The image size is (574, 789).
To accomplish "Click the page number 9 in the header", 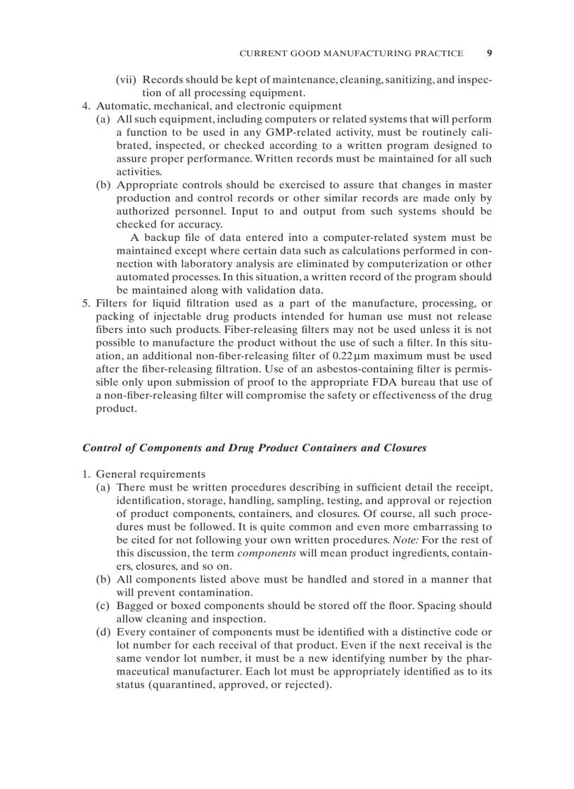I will click(489, 53).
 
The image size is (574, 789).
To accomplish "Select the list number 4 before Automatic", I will click(85, 106).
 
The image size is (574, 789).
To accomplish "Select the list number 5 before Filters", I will click(85, 303).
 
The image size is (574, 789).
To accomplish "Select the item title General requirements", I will click(151, 474).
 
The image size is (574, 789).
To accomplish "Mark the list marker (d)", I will click(103, 632).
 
